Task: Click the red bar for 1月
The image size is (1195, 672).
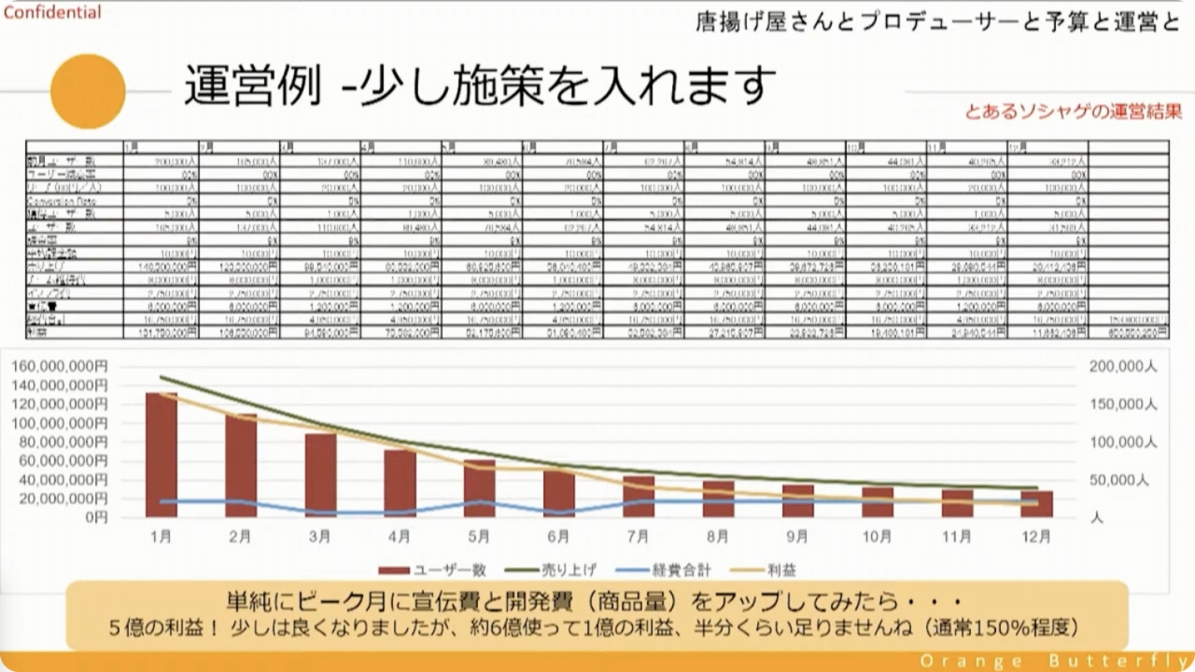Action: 162,455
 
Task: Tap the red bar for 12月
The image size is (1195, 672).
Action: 1036,504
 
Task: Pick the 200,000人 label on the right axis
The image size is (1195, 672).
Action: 1123,367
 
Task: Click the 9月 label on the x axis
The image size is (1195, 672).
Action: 797,537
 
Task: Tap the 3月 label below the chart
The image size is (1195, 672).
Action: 320,537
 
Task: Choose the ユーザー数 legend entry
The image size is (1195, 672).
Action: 421,569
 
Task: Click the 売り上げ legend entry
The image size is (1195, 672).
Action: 551,569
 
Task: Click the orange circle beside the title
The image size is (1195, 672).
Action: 88,91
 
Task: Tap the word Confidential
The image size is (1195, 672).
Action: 52,13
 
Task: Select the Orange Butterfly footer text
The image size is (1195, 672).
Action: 1050,661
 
